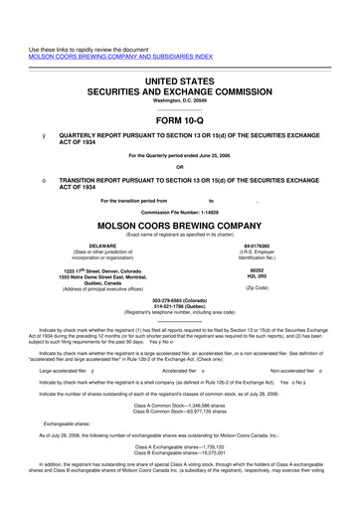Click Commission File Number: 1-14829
click(x=179, y=212)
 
